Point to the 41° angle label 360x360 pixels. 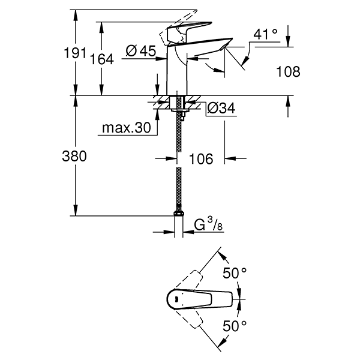(266, 34)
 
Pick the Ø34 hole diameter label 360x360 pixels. (220, 109)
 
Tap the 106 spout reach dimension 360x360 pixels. (201, 159)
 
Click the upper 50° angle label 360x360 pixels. (234, 274)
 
